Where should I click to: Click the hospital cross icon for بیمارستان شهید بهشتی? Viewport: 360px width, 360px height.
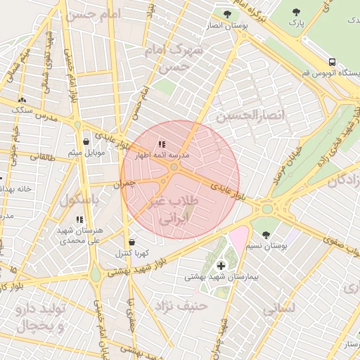221,265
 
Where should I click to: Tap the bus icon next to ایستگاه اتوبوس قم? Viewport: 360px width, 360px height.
332,62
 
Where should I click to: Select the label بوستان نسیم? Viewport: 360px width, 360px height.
268,246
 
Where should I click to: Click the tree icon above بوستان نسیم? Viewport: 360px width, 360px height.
266,235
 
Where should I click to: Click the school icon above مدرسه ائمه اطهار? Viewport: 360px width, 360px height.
162,144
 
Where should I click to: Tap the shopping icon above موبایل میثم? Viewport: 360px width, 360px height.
86,141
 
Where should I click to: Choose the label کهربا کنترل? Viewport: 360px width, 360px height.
131,253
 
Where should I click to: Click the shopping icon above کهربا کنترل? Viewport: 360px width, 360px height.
132,242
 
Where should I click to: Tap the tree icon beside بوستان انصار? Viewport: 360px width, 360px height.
226,13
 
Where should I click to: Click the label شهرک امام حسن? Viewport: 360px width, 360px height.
173,58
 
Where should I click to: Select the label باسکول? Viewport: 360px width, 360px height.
77,200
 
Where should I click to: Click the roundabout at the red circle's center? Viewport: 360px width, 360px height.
174,167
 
